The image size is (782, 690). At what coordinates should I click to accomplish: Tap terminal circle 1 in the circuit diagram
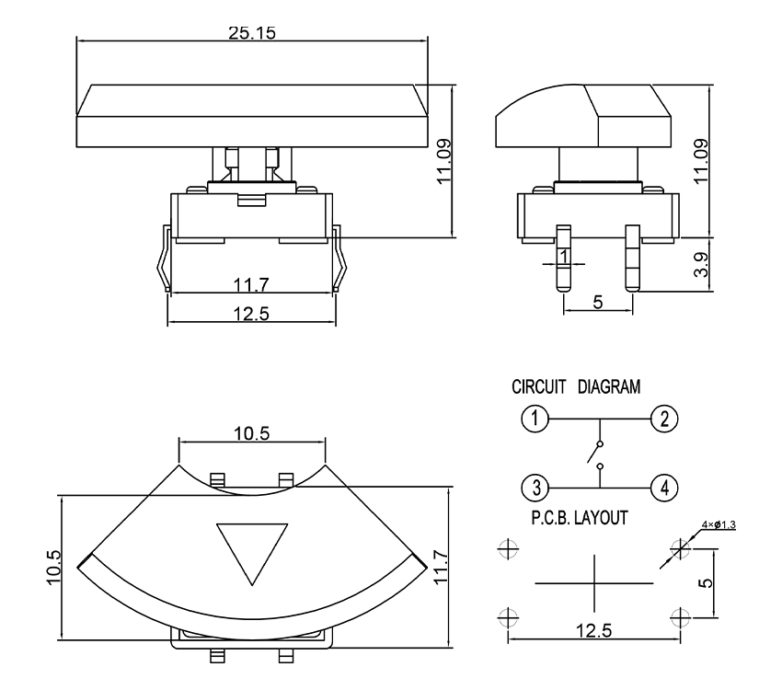tap(535, 420)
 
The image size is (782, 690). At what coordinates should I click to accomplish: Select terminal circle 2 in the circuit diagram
tap(663, 420)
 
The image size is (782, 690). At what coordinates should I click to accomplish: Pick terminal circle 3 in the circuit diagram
tap(535, 485)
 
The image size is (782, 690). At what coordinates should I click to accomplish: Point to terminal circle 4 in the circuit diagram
tap(663, 485)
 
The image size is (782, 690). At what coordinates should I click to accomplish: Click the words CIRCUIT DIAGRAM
tap(576, 387)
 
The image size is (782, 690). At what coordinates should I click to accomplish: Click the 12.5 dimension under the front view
tap(251, 314)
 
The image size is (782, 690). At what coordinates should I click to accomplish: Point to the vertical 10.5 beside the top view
tap(54, 567)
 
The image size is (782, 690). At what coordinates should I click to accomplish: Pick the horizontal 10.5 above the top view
tap(251, 435)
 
